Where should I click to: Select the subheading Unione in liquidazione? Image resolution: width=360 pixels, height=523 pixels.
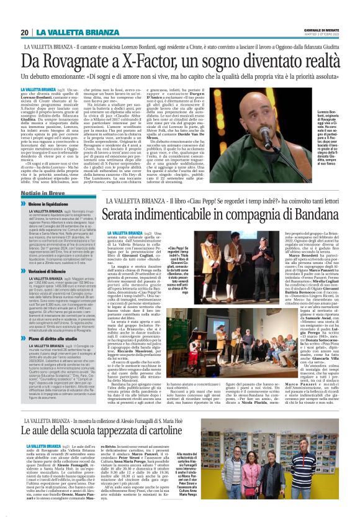(x=50, y=204)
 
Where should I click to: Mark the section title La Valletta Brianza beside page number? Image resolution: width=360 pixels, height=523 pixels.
(x=68, y=32)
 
